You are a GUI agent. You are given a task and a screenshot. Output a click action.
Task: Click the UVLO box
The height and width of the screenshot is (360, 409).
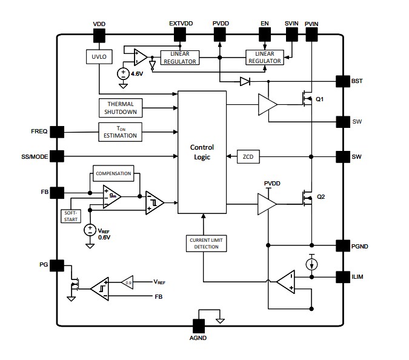pos(99,57)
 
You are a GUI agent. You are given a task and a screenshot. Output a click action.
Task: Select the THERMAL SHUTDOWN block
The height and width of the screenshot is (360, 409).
pos(120,108)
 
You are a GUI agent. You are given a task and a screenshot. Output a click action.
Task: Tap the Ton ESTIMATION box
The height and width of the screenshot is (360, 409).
pos(120,132)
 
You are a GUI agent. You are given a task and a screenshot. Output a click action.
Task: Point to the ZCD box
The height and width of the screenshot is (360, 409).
pos(248,156)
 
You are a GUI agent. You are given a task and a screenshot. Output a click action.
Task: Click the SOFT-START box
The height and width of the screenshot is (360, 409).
pos(71,216)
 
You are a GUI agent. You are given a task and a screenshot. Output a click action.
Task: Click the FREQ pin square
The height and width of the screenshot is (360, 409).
pos(57,132)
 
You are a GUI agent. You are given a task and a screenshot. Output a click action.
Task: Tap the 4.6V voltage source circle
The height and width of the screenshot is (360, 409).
pos(124,73)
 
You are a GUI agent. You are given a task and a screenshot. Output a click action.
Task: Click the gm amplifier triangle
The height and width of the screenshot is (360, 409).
pos(112,196)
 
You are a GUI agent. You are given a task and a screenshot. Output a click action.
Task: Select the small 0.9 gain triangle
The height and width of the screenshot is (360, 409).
pos(127,282)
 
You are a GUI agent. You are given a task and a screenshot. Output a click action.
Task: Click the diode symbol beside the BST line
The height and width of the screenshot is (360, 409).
pos(244,81)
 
